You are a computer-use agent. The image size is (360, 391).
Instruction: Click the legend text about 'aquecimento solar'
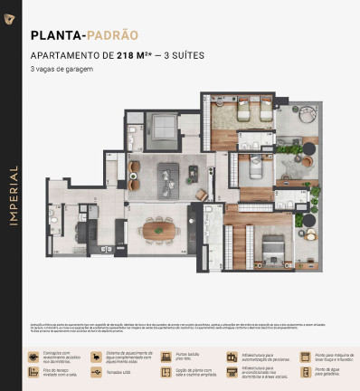(x=128, y=357)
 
